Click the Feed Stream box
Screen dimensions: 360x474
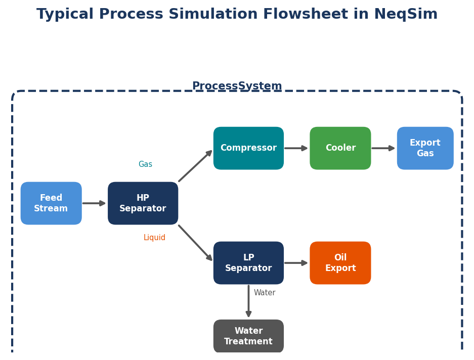[51, 203]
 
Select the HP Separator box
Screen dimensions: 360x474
[143, 203]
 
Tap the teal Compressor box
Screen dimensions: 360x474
[248, 148]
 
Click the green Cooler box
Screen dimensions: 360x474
[340, 148]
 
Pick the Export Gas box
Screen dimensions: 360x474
[425, 148]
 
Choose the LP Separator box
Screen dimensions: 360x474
[248, 263]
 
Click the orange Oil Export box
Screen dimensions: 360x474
[340, 263]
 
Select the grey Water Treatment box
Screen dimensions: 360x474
[248, 336]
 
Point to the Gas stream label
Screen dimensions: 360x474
[145, 164]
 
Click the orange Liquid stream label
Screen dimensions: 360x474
[154, 238]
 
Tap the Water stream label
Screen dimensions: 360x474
[265, 293]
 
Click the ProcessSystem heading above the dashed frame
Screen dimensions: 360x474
[237, 86]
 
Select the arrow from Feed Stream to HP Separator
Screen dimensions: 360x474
[94, 203]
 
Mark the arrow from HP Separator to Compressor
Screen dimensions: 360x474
[195, 166]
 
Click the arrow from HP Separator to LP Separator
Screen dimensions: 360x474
[195, 243]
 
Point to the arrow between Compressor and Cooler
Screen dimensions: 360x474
[296, 148]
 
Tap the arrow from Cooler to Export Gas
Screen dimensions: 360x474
[383, 148]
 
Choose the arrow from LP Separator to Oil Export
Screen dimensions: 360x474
[296, 263]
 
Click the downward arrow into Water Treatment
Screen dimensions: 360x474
[248, 301]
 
